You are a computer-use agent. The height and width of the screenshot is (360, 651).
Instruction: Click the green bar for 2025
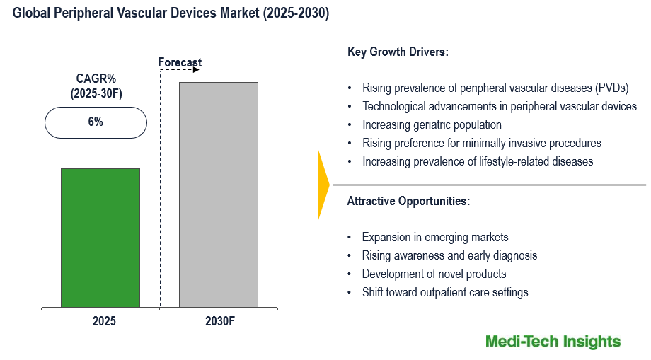coord(100,238)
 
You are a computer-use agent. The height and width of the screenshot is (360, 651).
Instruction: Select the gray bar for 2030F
coord(218,194)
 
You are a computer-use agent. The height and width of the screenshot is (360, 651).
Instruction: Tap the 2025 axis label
coord(103,320)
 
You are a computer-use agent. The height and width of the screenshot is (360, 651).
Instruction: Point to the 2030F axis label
coord(220,320)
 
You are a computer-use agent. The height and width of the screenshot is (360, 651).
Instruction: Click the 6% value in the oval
coord(96,122)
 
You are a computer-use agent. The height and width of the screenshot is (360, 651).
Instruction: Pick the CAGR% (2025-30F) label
coord(96,86)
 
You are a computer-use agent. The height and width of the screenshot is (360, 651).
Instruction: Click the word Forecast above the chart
coord(180,63)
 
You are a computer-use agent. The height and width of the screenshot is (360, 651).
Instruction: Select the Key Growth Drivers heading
coord(398,52)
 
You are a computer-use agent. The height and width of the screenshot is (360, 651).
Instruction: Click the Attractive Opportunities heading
coord(408,201)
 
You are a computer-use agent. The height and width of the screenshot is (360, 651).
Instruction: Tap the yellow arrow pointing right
coord(323,185)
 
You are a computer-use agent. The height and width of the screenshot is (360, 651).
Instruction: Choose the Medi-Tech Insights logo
coord(553,342)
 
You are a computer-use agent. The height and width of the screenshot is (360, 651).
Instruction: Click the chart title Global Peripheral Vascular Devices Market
coord(171,13)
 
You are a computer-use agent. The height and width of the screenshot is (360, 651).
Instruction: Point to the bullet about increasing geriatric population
coord(432,124)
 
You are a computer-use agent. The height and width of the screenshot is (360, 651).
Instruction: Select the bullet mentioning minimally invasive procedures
coord(481,143)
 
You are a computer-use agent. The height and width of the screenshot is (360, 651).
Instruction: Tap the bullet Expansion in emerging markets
coord(434,237)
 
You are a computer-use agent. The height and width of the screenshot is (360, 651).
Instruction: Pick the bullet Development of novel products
coord(434,274)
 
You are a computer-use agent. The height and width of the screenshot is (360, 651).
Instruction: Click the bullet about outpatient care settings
coord(445,292)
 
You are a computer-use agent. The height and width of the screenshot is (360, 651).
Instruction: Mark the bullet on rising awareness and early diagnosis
coord(449,255)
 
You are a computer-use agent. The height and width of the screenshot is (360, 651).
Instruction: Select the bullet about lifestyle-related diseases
coord(478,161)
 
